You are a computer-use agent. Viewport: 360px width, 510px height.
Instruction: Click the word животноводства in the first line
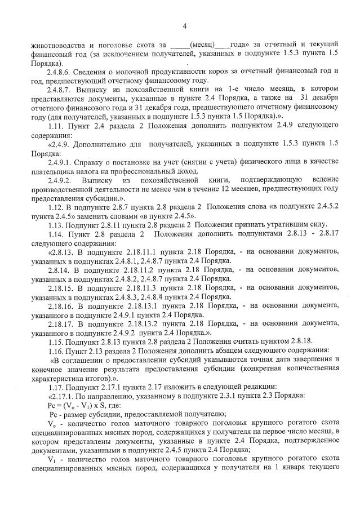click(58, 43)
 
